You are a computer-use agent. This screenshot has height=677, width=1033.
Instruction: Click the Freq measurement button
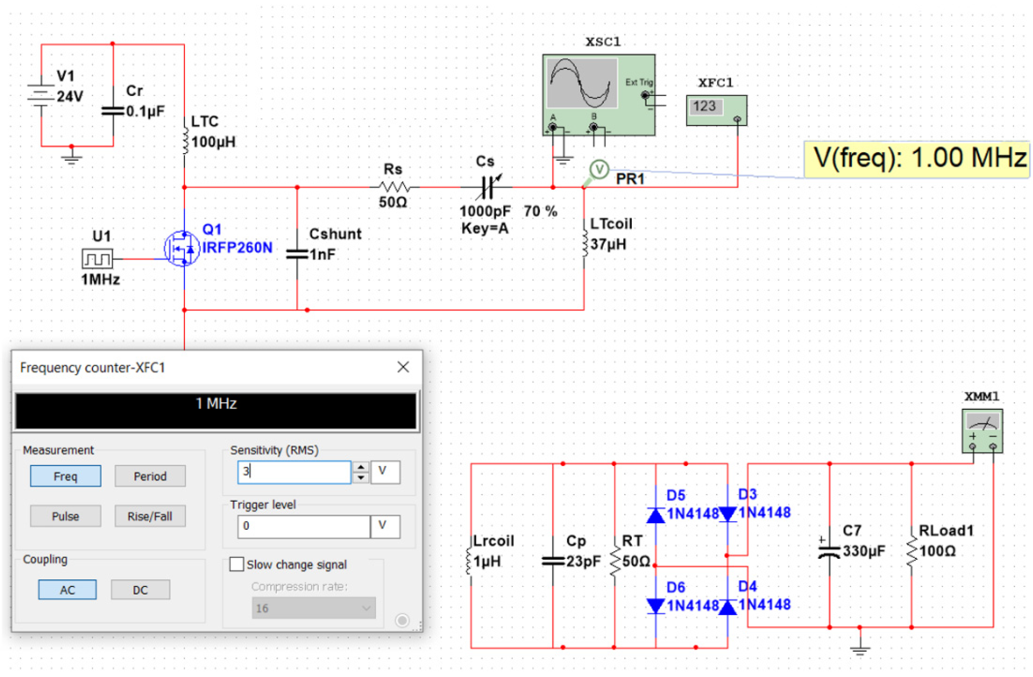pyautogui.click(x=66, y=476)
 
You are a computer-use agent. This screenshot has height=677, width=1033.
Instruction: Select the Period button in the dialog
pyautogui.click(x=150, y=476)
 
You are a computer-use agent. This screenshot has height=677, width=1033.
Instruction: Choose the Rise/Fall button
pyautogui.click(x=150, y=516)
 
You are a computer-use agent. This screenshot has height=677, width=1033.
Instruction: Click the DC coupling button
pyautogui.click(x=140, y=590)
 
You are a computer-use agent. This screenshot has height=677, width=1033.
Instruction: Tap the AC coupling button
pyautogui.click(x=67, y=590)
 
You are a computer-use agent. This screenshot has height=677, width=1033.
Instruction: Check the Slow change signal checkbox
pyautogui.click(x=237, y=564)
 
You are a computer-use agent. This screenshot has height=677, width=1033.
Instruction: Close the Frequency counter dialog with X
pyautogui.click(x=403, y=367)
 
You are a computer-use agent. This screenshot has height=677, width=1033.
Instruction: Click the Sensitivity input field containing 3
pyautogui.click(x=294, y=472)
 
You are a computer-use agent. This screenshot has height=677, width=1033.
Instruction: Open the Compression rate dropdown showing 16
pyautogui.click(x=313, y=608)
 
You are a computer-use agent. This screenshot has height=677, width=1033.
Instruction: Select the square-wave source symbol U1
pyautogui.click(x=97, y=259)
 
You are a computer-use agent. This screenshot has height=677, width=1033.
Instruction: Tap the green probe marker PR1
pyautogui.click(x=599, y=170)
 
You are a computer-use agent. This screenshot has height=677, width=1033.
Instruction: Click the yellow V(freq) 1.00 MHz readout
pyautogui.click(x=917, y=159)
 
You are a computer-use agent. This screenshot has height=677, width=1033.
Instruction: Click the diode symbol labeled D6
pyautogui.click(x=655, y=606)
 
